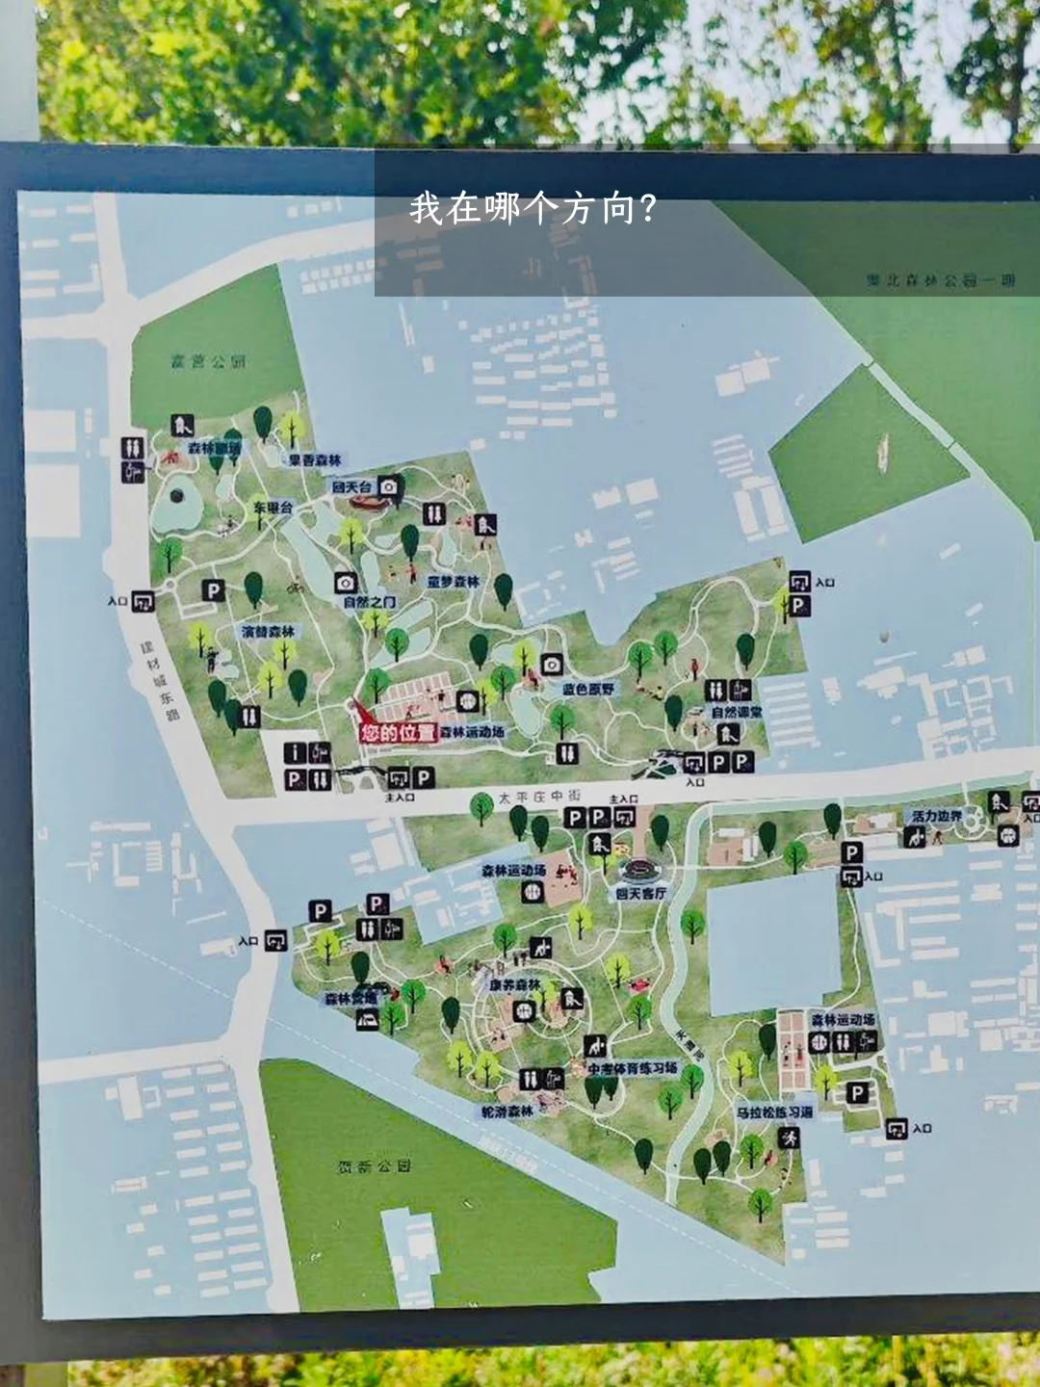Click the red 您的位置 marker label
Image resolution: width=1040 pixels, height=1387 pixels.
(398, 733)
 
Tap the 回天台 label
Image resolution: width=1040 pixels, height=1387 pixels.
(351, 487)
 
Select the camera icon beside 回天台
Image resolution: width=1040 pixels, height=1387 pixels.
(388, 487)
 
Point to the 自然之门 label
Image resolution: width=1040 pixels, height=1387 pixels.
(369, 602)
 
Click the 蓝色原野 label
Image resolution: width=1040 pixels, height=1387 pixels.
(588, 690)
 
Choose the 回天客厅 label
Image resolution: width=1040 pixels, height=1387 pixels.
(640, 894)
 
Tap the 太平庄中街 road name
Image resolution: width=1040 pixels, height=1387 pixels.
(539, 798)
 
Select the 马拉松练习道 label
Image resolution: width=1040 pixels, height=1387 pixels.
(774, 1112)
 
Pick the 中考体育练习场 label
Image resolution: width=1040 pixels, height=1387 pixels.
(633, 1069)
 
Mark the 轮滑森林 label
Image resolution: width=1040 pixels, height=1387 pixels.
(507, 1112)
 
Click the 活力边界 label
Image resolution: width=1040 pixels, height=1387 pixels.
(936, 816)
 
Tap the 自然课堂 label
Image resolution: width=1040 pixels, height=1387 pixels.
(737, 712)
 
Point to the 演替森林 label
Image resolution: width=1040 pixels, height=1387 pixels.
(269, 632)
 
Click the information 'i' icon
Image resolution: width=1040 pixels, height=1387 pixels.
(296, 753)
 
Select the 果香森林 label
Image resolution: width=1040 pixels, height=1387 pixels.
(315, 460)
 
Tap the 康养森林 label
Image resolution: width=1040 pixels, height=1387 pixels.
(514, 985)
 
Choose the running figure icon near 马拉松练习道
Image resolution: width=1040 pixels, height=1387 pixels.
(790, 1138)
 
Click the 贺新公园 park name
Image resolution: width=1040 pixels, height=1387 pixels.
(375, 1166)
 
